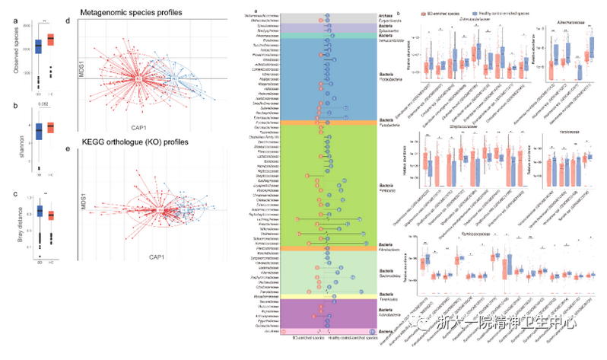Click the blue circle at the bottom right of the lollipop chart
(x=372, y=331)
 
